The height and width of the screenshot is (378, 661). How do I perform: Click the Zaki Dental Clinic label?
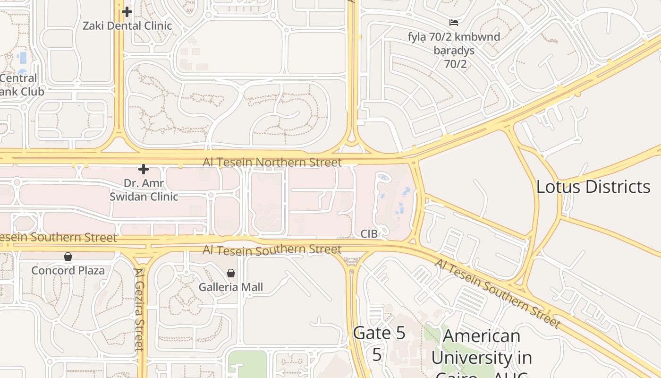coord(127,26)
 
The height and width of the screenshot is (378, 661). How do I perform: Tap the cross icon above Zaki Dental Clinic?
coord(127,12)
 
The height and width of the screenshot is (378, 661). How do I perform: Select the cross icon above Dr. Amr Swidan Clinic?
coord(144,169)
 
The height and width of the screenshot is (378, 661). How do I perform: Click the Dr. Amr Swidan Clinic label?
coord(144,189)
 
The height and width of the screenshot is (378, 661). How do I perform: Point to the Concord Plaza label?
coord(68,271)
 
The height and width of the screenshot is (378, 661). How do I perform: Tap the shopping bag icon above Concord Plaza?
coord(68,257)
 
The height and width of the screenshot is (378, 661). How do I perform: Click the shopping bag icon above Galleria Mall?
coord(231,273)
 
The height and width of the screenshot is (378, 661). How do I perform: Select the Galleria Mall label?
coord(231,287)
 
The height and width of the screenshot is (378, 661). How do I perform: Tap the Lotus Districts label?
coord(593,187)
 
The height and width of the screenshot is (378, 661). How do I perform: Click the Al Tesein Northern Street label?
coord(272,163)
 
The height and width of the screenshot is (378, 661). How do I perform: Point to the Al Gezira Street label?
coord(139,309)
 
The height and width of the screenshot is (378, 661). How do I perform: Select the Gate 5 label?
coord(379,333)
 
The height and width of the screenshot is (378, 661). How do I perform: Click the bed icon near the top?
coord(454,22)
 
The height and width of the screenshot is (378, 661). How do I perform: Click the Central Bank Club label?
coord(21,85)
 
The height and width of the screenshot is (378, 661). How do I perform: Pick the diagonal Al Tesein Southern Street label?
coord(498,293)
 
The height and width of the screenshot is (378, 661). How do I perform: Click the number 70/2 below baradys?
coord(455,64)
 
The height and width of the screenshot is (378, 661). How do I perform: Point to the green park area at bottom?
coord(246,364)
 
